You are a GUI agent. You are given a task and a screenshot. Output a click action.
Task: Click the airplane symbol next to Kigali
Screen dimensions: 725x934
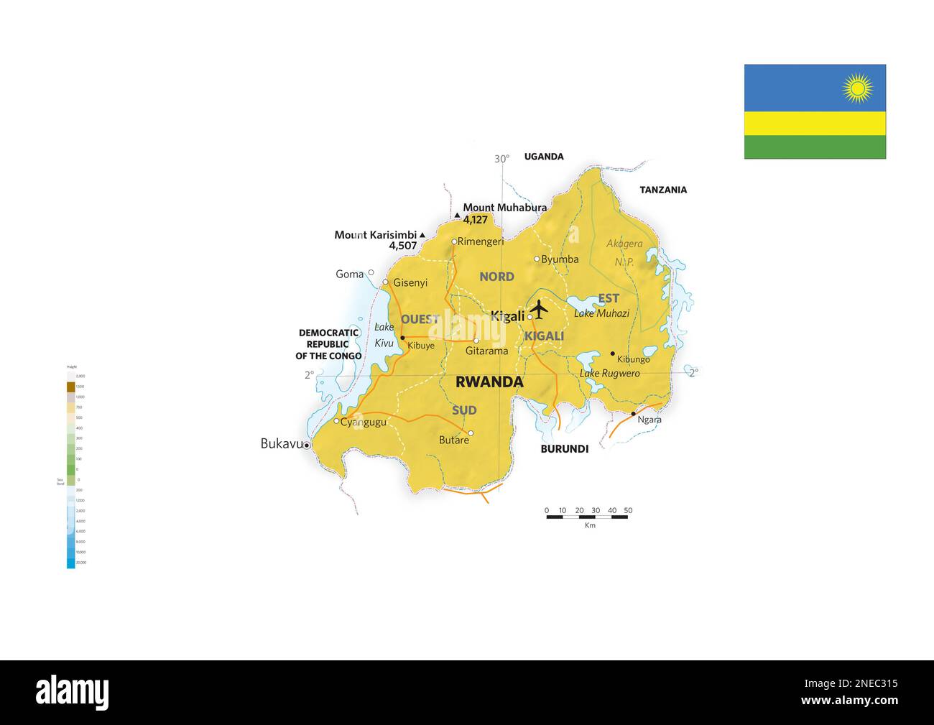pyautogui.click(x=539, y=310)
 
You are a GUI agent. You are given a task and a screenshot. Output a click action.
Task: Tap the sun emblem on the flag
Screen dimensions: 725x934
pyautogui.click(x=857, y=88)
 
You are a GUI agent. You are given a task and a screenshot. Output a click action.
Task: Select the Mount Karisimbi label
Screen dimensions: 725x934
pyautogui.click(x=376, y=235)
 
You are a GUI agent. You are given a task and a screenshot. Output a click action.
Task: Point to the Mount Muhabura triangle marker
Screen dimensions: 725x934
pyautogui.click(x=457, y=215)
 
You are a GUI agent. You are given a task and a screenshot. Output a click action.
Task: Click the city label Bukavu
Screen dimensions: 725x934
pyautogui.click(x=282, y=444)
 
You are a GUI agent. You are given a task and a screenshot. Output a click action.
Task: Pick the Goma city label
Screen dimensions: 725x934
pyautogui.click(x=349, y=274)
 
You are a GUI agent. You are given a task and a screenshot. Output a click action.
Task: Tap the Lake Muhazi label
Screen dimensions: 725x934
pyautogui.click(x=601, y=313)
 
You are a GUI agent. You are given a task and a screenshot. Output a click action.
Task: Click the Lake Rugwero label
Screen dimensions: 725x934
pyautogui.click(x=609, y=374)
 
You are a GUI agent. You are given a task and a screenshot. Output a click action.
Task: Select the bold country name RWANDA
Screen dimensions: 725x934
pyautogui.click(x=489, y=382)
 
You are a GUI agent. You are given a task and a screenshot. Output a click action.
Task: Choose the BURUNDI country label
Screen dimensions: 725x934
pyautogui.click(x=564, y=449)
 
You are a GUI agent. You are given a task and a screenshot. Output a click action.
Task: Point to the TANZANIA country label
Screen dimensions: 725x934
pyautogui.click(x=663, y=190)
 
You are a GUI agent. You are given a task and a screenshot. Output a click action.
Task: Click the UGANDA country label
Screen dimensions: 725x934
pyautogui.click(x=544, y=157)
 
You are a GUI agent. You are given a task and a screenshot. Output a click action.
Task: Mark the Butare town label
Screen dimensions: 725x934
pyautogui.click(x=454, y=440)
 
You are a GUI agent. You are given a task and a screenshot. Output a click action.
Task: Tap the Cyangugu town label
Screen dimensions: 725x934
pyautogui.click(x=364, y=422)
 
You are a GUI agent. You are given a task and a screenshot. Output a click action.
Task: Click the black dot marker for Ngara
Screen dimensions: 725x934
pyautogui.click(x=633, y=414)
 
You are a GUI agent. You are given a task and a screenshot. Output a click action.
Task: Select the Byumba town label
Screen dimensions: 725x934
pyautogui.click(x=560, y=259)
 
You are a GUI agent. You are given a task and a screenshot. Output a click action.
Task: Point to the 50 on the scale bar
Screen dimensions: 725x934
pyautogui.click(x=628, y=511)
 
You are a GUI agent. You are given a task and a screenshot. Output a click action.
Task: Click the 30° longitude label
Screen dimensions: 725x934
pyautogui.click(x=501, y=159)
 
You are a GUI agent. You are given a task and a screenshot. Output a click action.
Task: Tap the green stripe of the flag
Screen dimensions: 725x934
pyautogui.click(x=815, y=147)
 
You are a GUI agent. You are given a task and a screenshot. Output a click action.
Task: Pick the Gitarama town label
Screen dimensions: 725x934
pyautogui.click(x=486, y=351)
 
